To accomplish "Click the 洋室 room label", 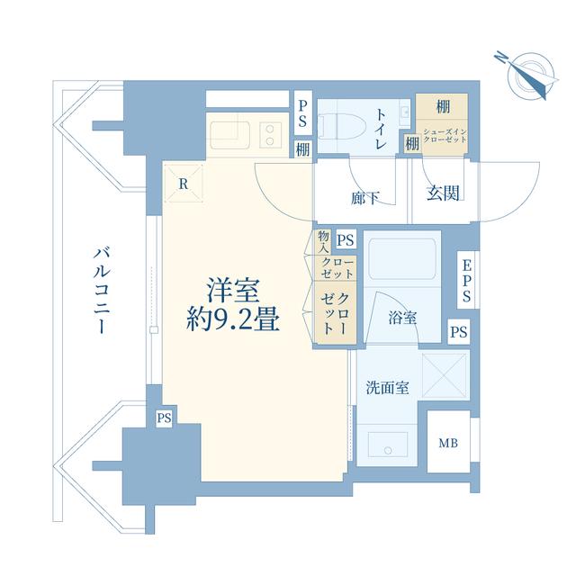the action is (234, 291).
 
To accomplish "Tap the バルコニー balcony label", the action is (102, 291).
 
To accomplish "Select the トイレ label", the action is (381, 130).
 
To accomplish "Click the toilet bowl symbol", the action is (344, 128).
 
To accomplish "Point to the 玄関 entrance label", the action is (443, 193).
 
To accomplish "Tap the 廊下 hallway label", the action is (364, 198).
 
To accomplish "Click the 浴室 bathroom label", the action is (402, 318).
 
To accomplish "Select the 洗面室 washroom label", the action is (388, 388).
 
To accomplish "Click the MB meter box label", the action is (448, 444).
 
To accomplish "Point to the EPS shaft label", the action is (466, 280).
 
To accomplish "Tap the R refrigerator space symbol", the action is (184, 184).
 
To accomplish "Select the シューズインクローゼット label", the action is (445, 136).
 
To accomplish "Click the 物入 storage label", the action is (324, 241).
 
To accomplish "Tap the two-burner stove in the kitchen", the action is (271, 135).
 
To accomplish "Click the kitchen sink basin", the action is (230, 135).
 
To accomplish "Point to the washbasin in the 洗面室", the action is (388, 445).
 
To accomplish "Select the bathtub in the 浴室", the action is (402, 259).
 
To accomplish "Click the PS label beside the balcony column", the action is (164, 418).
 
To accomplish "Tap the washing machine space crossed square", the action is (445, 375).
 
